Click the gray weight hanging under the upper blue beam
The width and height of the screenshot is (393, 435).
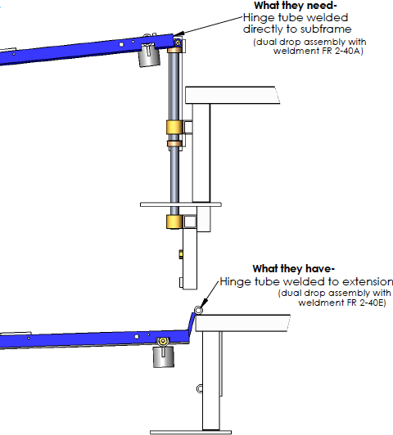pos(148,56)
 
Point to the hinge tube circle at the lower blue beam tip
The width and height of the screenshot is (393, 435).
pos(198,310)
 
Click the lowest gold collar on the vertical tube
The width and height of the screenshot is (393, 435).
pos(173,222)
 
